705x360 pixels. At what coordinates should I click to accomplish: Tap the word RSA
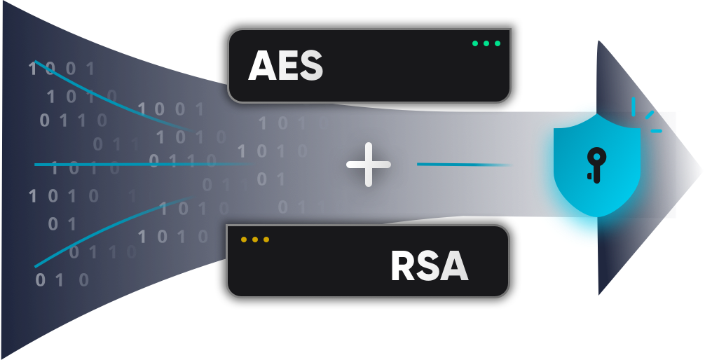coord(429,267)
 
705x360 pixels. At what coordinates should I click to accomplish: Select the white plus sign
coord(369,165)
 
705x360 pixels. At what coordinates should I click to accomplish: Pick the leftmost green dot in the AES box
coord(474,43)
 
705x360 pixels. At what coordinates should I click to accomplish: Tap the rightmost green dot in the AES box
coord(498,43)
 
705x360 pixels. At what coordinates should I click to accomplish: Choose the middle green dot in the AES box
coord(486,43)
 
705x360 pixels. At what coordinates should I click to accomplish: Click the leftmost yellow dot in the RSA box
coord(244,240)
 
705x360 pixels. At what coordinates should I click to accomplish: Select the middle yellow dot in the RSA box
coord(255,240)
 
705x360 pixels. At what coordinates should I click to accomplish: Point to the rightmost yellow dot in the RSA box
coord(266,240)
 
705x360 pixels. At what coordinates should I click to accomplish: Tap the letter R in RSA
coord(404,267)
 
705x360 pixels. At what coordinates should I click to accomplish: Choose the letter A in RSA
coord(453,267)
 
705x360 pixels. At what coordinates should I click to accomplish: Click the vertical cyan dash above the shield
coord(634,106)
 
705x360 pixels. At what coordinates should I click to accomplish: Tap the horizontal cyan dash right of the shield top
coord(656,130)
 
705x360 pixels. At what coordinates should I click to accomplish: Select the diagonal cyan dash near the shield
coord(650,114)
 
